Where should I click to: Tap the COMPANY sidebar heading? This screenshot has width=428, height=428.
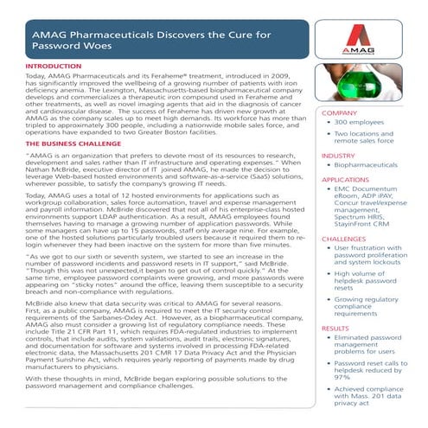click(x=338, y=113)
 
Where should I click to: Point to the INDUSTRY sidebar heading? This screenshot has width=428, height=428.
click(x=338, y=156)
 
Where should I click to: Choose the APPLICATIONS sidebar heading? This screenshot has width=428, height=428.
click(x=345, y=180)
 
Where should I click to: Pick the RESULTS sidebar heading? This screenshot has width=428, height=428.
click(x=335, y=329)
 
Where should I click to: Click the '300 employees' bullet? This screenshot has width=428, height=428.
click(x=365, y=123)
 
